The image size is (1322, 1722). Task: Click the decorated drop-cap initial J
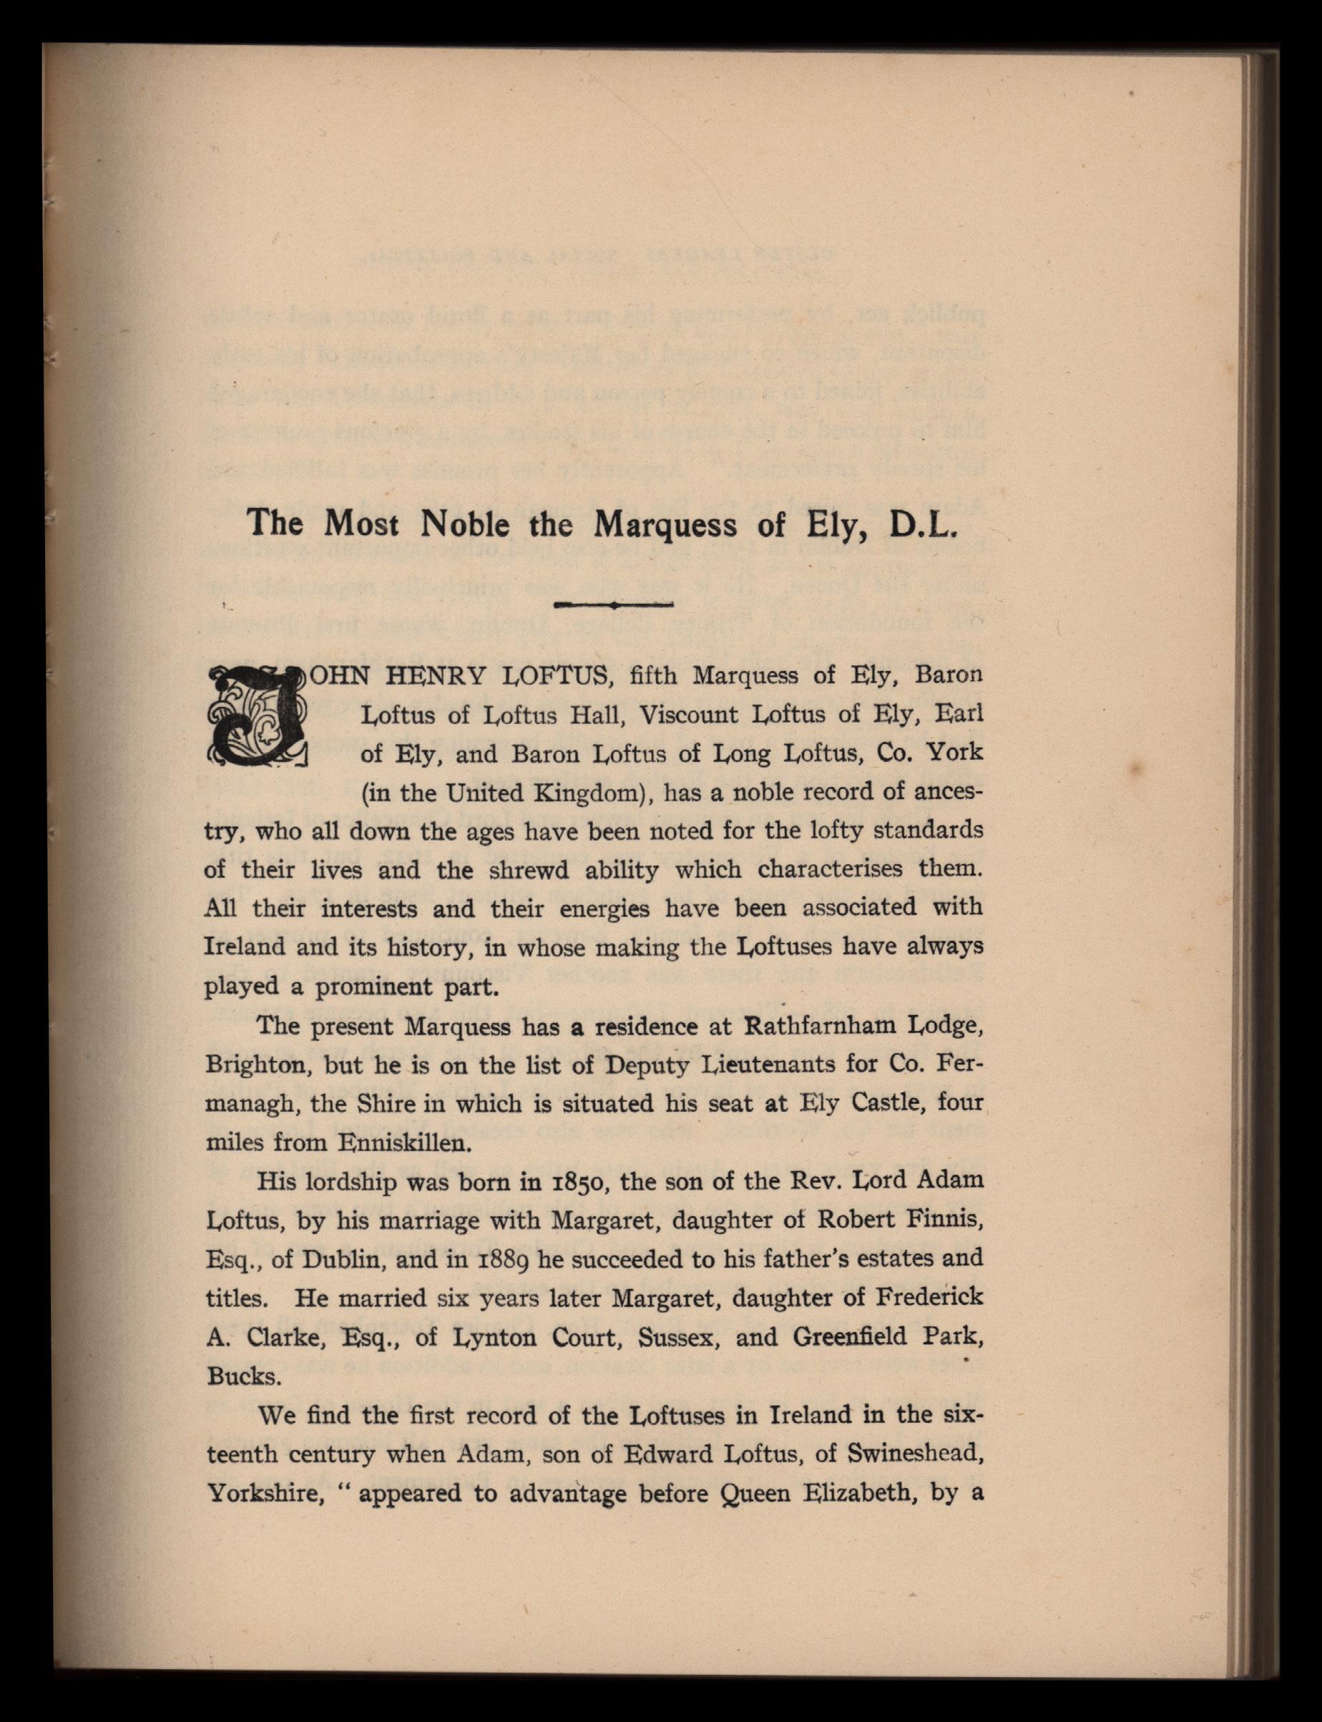pyautogui.click(x=256, y=715)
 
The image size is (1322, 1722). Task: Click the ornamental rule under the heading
pyautogui.click(x=613, y=605)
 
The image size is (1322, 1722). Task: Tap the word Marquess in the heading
pyautogui.click(x=665, y=524)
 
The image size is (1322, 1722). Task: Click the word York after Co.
pyautogui.click(x=954, y=753)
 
